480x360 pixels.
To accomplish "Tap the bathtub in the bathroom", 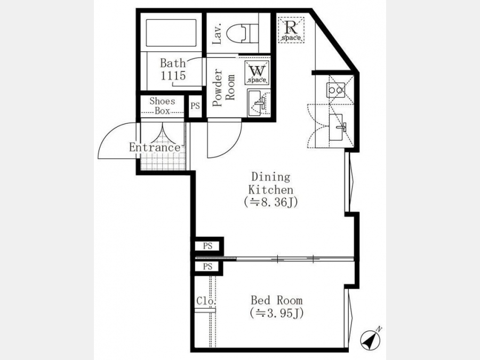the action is [x=171, y=33].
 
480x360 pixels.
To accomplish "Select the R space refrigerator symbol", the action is [x=291, y=30].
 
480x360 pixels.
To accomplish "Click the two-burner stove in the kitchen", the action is [x=335, y=90].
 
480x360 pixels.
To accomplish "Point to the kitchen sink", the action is [x=337, y=127].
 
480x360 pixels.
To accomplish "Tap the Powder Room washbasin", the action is [x=257, y=102].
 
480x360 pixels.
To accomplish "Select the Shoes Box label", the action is [x=162, y=106].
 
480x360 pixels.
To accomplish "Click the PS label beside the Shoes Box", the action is [x=195, y=106].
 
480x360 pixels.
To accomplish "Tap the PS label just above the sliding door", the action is [x=207, y=246].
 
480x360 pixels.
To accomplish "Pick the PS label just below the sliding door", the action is [x=207, y=267].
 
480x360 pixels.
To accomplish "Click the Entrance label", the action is [x=155, y=148].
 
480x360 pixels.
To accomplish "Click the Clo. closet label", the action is [x=206, y=301].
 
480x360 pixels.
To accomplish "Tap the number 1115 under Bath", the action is [x=173, y=75].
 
